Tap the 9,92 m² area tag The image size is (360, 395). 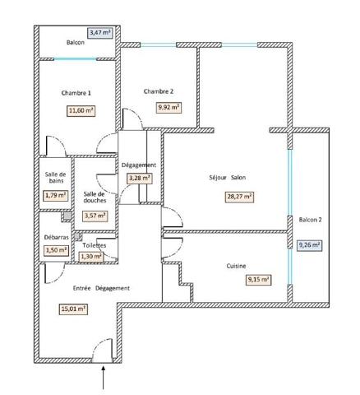169,107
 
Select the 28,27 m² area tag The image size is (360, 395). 239,197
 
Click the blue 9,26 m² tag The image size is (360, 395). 309,244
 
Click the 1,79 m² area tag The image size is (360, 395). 55,196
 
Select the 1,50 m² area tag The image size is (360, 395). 55,251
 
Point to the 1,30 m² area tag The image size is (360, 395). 90,257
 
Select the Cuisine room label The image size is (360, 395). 238,266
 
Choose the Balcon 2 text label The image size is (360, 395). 311,220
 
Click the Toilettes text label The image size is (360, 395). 95,245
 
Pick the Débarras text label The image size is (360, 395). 56,237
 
